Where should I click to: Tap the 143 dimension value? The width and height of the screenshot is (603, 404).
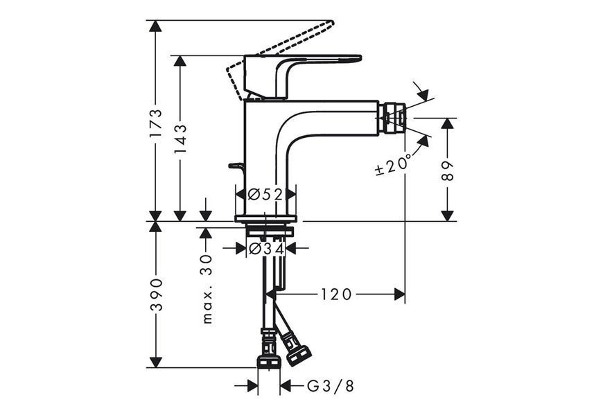pyautogui.click(x=180, y=139)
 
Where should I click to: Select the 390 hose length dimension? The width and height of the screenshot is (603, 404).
pyautogui.click(x=156, y=295)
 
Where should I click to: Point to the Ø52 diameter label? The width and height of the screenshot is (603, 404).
pyautogui.click(x=265, y=195)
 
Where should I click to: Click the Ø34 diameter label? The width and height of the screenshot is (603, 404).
pyautogui.click(x=266, y=249)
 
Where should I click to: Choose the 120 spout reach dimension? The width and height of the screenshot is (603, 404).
pyautogui.click(x=335, y=295)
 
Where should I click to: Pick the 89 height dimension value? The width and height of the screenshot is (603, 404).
pyautogui.click(x=448, y=171)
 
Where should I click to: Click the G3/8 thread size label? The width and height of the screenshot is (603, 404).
pyautogui.click(x=331, y=386)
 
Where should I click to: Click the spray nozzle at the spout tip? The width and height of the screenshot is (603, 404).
pyautogui.click(x=392, y=117)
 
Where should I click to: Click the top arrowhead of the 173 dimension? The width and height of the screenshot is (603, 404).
pyautogui.click(x=156, y=26)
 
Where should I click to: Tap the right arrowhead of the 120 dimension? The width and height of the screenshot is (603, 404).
pyautogui.click(x=399, y=295)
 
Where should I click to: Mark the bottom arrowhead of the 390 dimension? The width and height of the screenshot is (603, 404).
pyautogui.click(x=156, y=362)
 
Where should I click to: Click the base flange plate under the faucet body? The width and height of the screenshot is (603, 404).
pyautogui.click(x=265, y=218)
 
